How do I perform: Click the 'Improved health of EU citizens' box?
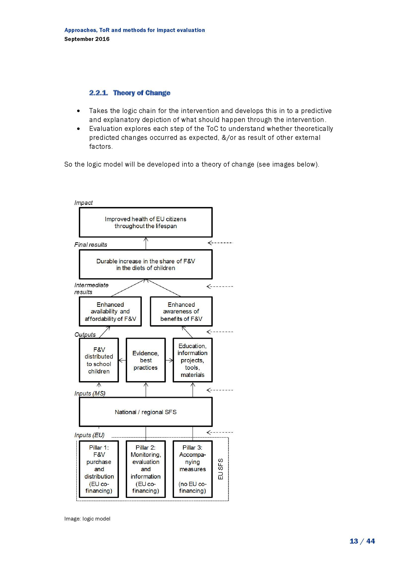(x=146, y=222)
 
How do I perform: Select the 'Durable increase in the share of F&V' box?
(x=146, y=264)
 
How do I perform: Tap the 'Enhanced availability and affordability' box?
(x=110, y=311)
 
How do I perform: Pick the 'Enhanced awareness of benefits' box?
(x=181, y=311)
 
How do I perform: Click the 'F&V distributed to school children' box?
(x=99, y=360)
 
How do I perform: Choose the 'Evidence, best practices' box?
(x=146, y=360)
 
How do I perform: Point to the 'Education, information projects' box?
(x=192, y=360)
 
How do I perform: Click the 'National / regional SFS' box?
(x=146, y=412)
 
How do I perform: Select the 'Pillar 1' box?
(x=99, y=469)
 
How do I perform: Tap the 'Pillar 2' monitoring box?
(x=146, y=469)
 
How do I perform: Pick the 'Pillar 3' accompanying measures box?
(x=192, y=469)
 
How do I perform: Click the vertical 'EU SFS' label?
(x=221, y=469)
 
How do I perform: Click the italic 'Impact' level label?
(x=83, y=203)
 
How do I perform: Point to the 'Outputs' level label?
(x=85, y=335)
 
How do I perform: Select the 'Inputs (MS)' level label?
(x=90, y=393)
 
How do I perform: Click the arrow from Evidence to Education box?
(x=169, y=360)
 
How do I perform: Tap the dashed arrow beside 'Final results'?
(x=220, y=243)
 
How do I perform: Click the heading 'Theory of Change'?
(x=141, y=93)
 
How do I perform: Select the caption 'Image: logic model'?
(x=87, y=519)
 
